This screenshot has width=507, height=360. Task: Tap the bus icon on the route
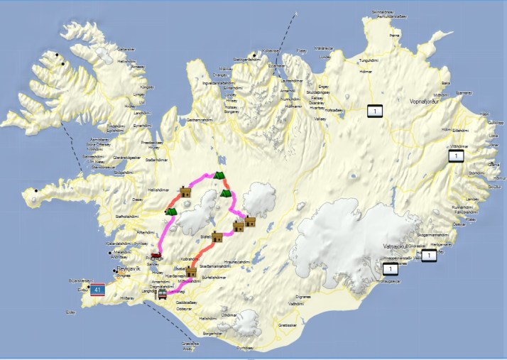(x=163, y=293)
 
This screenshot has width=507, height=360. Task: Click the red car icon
(x=156, y=253)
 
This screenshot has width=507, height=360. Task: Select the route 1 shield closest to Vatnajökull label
(x=391, y=270)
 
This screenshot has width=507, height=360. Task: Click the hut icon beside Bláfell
(x=217, y=236)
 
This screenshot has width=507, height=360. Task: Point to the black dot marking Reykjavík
(x=115, y=270)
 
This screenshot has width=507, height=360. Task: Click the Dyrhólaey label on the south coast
(x=245, y=348)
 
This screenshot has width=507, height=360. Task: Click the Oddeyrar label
(x=184, y=308)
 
